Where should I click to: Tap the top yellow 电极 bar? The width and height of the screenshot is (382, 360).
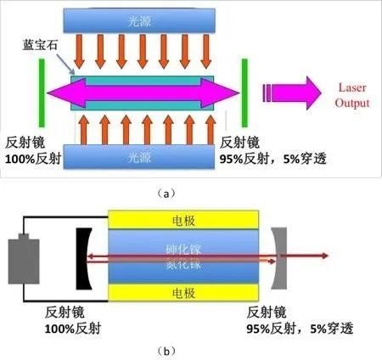183,220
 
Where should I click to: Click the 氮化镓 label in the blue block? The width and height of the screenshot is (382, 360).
183,265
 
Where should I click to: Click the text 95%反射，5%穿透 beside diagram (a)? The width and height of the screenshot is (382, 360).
275,159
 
